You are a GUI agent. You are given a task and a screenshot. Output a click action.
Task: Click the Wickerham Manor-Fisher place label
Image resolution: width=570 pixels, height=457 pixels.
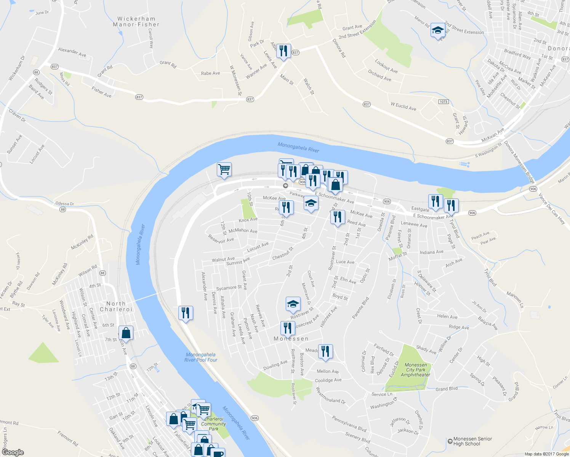click(136, 22)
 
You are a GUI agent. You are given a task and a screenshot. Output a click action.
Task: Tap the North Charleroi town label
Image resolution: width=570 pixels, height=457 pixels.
click(116, 307)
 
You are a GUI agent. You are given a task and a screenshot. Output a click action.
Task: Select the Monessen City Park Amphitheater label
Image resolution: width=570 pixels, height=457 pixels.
click(416, 370)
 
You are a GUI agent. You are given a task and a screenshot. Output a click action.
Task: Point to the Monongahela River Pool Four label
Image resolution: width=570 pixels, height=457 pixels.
click(201, 357)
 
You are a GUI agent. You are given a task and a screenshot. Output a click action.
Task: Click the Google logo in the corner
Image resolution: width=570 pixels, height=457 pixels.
click(13, 452)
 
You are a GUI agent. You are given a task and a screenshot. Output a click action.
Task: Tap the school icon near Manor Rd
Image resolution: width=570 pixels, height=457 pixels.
click(438, 30)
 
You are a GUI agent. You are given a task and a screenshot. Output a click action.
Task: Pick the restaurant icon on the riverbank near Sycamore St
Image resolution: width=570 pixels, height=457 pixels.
click(186, 313)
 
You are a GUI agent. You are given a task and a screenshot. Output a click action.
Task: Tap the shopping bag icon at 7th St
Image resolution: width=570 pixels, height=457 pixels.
click(126, 333)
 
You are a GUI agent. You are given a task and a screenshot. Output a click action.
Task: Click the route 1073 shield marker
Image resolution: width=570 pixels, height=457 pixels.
click(443, 102)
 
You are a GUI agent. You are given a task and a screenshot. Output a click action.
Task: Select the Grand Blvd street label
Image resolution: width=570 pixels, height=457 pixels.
click(447, 389)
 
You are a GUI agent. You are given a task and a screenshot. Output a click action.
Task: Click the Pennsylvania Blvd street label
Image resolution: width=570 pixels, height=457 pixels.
click(349, 424)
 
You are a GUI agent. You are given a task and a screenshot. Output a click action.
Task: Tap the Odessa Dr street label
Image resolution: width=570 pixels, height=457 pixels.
click(64, 204)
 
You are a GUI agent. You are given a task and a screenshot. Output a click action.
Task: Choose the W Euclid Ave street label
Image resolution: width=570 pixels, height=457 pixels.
click(403, 106)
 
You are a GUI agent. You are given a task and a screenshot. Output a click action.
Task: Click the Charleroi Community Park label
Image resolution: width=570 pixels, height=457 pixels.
click(213, 424)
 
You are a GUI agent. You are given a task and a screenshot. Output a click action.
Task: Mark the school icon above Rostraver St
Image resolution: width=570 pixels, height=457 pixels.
click(293, 304)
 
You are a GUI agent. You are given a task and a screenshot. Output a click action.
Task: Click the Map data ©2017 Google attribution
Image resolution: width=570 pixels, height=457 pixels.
click(546, 454)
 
